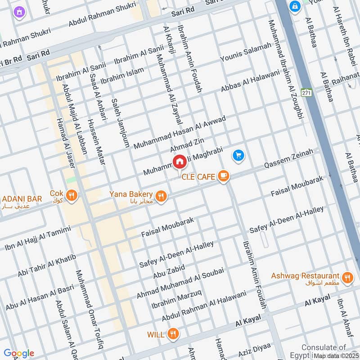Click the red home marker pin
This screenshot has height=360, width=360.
(179, 161)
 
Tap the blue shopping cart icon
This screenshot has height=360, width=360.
(238, 156)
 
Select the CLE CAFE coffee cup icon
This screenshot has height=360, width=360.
(223, 176)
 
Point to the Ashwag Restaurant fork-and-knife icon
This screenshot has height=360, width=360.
(346, 278)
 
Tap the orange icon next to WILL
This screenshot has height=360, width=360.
(172, 334)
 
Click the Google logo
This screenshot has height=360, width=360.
(18, 353)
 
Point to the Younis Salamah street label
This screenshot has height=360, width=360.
(246, 53)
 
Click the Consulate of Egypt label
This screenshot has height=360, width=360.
(324, 351)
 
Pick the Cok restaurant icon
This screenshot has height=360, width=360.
(71, 195)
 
